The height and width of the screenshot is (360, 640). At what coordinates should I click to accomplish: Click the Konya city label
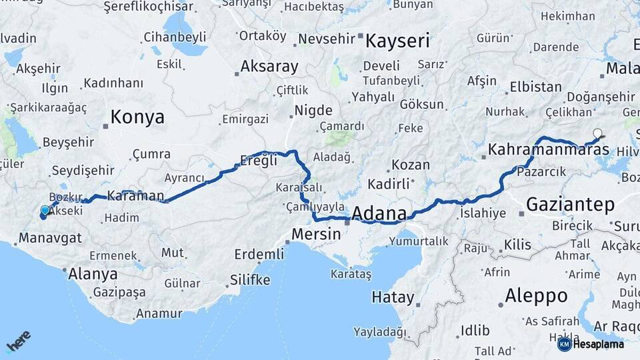point(137,117)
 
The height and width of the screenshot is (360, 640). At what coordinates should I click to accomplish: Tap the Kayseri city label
point(397,41)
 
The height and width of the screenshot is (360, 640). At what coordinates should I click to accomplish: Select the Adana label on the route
point(379,214)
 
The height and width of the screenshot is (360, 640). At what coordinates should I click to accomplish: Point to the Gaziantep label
point(570,205)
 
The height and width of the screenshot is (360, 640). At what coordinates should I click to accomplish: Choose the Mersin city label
point(317,235)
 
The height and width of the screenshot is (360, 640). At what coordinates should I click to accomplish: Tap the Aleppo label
point(536,295)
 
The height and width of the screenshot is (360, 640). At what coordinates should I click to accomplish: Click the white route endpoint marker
point(597,133)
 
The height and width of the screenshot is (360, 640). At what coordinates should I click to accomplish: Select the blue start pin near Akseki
point(45,211)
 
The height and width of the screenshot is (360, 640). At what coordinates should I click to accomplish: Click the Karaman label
point(135,195)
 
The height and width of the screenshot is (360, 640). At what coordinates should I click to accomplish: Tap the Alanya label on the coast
point(93,273)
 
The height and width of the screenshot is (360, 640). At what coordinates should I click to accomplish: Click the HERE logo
point(19,341)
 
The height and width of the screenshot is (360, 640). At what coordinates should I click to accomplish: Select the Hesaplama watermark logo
point(591,344)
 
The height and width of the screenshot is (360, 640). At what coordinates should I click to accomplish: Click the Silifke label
point(250,279)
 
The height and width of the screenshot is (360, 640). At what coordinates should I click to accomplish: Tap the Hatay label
point(393,297)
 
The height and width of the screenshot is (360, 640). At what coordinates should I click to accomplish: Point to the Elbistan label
point(535,87)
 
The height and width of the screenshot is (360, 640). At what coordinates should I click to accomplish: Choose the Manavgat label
point(50,237)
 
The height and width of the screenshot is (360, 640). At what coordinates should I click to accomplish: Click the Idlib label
point(475,330)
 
